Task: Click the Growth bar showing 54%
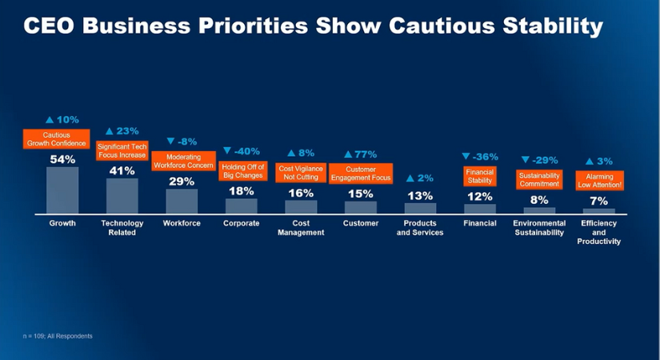(62, 190)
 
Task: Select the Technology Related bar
(122, 196)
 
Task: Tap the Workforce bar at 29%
(182, 201)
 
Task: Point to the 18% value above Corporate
(241, 191)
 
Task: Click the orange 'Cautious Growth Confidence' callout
(56, 139)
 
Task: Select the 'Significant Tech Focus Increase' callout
(122, 150)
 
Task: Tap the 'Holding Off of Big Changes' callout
(243, 170)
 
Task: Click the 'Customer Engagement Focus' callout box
(360, 174)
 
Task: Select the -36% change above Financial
(480, 157)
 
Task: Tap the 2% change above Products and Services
(420, 178)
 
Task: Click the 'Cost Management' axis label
(301, 228)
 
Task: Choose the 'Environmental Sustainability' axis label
(538, 228)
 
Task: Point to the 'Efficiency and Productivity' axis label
(599, 232)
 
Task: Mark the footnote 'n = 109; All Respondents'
(58, 336)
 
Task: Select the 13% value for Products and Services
(420, 195)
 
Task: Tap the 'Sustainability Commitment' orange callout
(538, 179)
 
